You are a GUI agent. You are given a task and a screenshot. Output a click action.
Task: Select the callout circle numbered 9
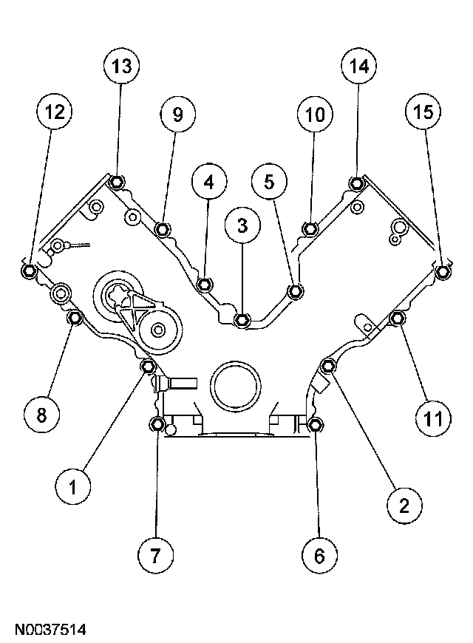(x=178, y=114)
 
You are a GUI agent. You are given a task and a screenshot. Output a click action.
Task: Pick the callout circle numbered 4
(x=209, y=180)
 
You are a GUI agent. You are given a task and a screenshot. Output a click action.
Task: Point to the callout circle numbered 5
(x=268, y=180)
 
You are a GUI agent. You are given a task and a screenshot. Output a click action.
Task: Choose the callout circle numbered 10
(x=314, y=114)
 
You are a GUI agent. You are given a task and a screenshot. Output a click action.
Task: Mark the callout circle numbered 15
(x=423, y=113)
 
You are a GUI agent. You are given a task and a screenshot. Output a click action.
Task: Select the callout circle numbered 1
(x=73, y=487)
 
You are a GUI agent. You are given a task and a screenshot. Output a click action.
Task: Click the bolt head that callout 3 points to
(x=242, y=320)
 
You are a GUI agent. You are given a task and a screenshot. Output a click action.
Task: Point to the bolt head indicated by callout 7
(x=157, y=423)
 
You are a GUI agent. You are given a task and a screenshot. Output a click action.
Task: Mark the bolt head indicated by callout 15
(x=442, y=273)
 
